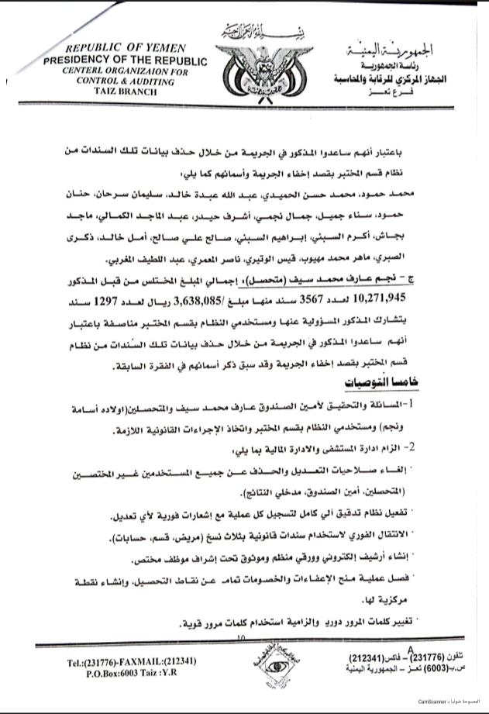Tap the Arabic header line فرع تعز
click(402, 91)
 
